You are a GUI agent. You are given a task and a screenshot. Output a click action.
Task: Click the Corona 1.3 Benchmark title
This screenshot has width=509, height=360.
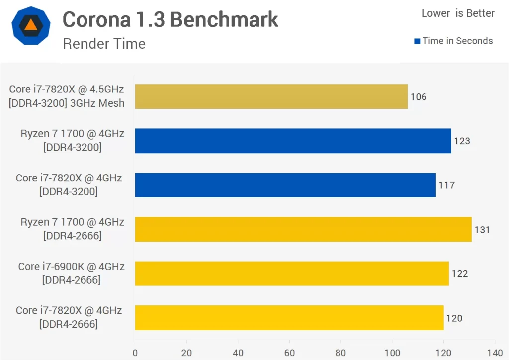point(170,19)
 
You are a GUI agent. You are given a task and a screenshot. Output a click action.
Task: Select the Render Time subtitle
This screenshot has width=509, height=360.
point(104,44)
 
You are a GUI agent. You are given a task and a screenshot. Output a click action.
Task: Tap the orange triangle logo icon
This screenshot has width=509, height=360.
point(31,26)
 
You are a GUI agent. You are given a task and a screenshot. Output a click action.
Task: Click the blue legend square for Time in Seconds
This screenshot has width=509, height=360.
point(417,41)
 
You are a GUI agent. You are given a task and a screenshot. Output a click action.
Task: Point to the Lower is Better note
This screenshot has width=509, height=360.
point(458,13)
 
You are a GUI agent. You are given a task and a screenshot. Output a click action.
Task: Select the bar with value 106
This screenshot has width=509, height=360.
point(271,96)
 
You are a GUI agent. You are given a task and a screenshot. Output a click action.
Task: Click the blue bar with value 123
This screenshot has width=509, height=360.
point(293,141)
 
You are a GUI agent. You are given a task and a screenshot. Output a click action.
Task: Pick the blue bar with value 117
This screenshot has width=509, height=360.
point(285,185)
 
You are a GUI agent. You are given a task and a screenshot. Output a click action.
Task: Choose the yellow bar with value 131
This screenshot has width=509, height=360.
point(303,229)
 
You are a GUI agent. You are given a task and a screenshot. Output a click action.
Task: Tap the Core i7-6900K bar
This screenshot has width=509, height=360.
point(292,273)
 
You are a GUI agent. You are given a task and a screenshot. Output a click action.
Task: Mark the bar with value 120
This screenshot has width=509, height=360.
point(289,318)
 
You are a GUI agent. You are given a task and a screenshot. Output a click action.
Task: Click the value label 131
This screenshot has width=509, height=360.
point(482,230)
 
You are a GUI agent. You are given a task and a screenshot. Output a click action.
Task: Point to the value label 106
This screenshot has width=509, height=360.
point(418,97)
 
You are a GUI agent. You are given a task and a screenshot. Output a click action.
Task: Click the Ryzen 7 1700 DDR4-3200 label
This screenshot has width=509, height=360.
point(73,140)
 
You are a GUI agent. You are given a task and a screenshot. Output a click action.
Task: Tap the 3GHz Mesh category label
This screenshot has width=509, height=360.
point(67,103)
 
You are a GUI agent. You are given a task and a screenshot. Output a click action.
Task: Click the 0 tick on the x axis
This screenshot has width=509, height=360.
point(135,353)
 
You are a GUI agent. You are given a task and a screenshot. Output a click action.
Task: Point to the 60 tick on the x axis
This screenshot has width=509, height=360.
point(289,353)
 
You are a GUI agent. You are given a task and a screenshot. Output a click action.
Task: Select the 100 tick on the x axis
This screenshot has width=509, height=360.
point(392,353)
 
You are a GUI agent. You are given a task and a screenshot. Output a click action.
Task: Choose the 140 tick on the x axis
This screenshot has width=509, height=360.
point(495,353)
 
